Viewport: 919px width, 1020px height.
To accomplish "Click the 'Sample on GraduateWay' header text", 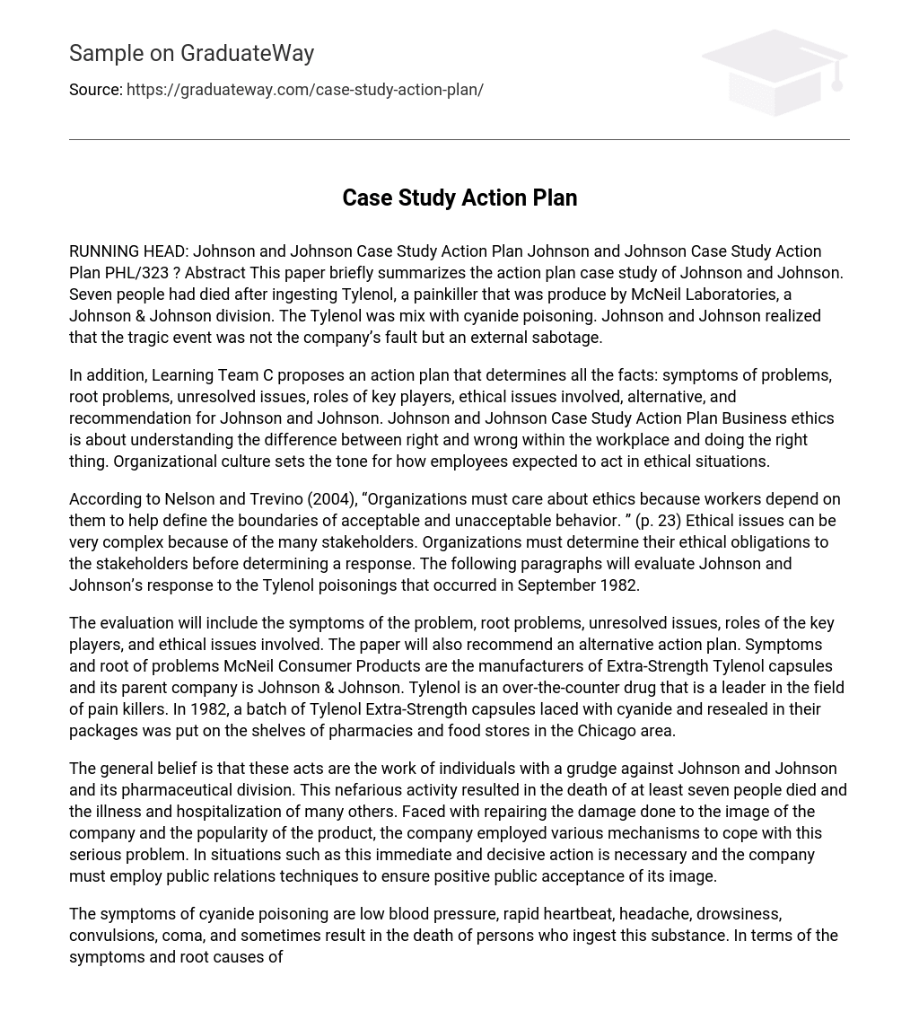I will coord(191,54).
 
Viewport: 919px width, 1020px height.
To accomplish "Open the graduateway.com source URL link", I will coord(304,90).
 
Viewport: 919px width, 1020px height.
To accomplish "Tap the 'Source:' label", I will coord(95,90).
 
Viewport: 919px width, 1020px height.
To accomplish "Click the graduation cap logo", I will coord(774,72).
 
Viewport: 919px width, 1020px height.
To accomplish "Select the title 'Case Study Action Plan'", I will coord(459,198).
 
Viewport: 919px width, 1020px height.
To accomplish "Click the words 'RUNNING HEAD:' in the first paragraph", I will coord(128,251).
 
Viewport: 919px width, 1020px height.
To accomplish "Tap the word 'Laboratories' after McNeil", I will coord(731,295).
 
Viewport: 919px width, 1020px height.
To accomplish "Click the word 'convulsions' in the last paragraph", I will coord(110,936).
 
